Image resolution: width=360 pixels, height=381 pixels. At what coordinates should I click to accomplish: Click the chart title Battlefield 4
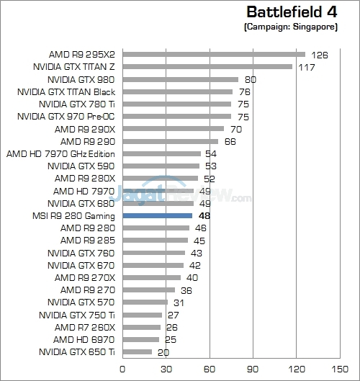click(x=292, y=12)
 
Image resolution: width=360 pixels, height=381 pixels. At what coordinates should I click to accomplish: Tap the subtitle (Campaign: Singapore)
click(x=291, y=27)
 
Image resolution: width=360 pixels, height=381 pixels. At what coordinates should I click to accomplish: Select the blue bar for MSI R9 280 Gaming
click(x=158, y=215)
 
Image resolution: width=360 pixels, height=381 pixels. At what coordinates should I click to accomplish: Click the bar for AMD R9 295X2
click(x=214, y=55)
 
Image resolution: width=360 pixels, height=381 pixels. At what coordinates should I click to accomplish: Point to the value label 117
click(x=307, y=67)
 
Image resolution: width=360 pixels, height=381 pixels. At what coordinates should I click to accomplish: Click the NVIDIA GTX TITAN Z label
click(x=74, y=67)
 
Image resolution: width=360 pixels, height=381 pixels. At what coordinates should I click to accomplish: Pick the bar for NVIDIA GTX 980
click(x=181, y=79)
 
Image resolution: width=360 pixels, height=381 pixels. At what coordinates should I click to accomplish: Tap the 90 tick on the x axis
click(x=253, y=369)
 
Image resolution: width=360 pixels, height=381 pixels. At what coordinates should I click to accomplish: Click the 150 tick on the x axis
click(x=340, y=369)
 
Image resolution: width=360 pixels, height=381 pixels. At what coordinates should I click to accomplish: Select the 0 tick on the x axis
click(x=122, y=369)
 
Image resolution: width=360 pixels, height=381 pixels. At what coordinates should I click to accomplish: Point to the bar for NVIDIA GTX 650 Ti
click(x=138, y=352)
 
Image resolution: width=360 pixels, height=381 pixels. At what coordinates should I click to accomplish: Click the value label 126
click(x=320, y=55)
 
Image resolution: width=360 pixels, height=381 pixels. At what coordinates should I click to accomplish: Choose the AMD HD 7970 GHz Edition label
click(x=60, y=154)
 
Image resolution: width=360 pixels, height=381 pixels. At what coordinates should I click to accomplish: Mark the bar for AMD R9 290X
click(x=174, y=128)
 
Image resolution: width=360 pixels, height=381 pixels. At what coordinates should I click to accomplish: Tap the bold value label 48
click(x=204, y=216)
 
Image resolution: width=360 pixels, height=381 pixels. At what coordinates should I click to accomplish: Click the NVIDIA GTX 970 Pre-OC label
click(x=66, y=117)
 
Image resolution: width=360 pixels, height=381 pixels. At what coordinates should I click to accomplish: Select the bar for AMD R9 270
click(x=149, y=290)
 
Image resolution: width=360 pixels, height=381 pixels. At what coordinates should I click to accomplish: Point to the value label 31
click(x=179, y=302)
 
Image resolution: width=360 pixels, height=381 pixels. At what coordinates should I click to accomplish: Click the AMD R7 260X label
click(x=85, y=328)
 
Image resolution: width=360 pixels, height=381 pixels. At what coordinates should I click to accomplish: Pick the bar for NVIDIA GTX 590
click(x=161, y=166)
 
